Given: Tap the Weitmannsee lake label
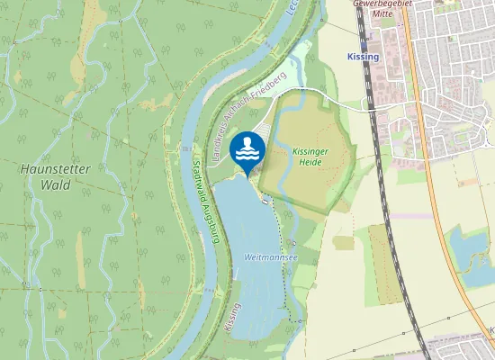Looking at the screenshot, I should pos(270,256).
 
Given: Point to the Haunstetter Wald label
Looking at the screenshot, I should pos(51,176).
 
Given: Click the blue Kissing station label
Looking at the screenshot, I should pos(363,57).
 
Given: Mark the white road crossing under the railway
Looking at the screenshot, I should pos(368,102).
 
